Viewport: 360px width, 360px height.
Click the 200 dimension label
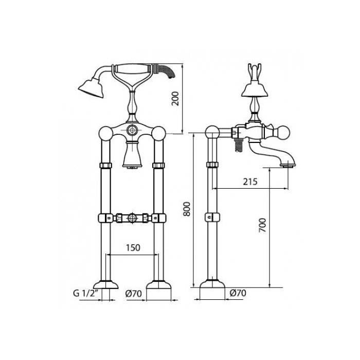pyautogui.click(x=175, y=98)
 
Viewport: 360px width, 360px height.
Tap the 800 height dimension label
pyautogui.click(x=187, y=209)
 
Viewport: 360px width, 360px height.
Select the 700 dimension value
pyautogui.click(x=262, y=225)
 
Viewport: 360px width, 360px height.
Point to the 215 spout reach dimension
pyautogui.click(x=250, y=182)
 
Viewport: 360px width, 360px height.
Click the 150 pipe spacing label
pyautogui.click(x=133, y=248)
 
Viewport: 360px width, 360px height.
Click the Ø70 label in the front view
pyautogui.click(x=133, y=294)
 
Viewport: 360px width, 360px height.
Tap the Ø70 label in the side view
pyautogui.click(x=238, y=293)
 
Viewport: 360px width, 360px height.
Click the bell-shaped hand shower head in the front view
pyautogui.click(x=91, y=88)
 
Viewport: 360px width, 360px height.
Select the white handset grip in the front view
pyautogui.click(x=133, y=68)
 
